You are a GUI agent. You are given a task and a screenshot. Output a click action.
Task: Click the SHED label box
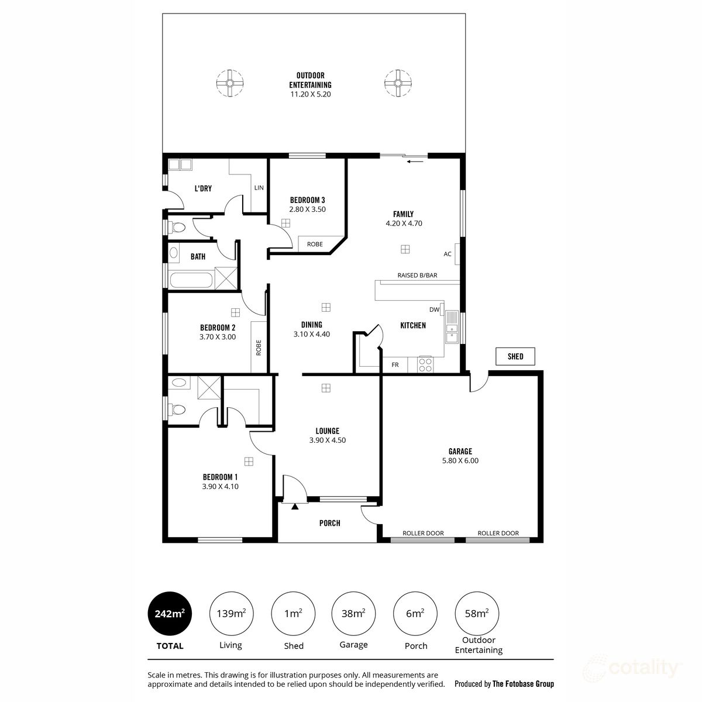515,356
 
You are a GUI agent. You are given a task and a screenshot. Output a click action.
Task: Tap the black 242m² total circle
170,614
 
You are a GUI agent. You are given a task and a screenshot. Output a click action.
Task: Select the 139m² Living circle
230,614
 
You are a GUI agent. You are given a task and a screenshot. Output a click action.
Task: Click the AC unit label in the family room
448,254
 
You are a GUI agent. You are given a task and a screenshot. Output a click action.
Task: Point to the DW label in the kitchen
434,310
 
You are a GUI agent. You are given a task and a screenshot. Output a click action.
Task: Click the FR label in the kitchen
395,365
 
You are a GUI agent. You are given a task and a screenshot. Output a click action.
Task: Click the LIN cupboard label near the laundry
259,188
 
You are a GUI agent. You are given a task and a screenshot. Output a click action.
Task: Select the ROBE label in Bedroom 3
315,245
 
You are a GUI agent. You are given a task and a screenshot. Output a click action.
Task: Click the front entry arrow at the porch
295,506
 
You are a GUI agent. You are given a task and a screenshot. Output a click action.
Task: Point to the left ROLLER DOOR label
423,534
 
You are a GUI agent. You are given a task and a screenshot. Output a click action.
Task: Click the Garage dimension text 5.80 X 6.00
460,461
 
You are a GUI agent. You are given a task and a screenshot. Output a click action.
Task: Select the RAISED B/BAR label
417,275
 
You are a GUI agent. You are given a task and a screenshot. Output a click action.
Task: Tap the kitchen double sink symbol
452,328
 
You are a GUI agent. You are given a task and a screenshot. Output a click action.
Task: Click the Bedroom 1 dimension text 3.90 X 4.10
220,486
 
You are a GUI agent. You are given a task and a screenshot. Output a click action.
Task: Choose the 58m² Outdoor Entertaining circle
477,614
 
